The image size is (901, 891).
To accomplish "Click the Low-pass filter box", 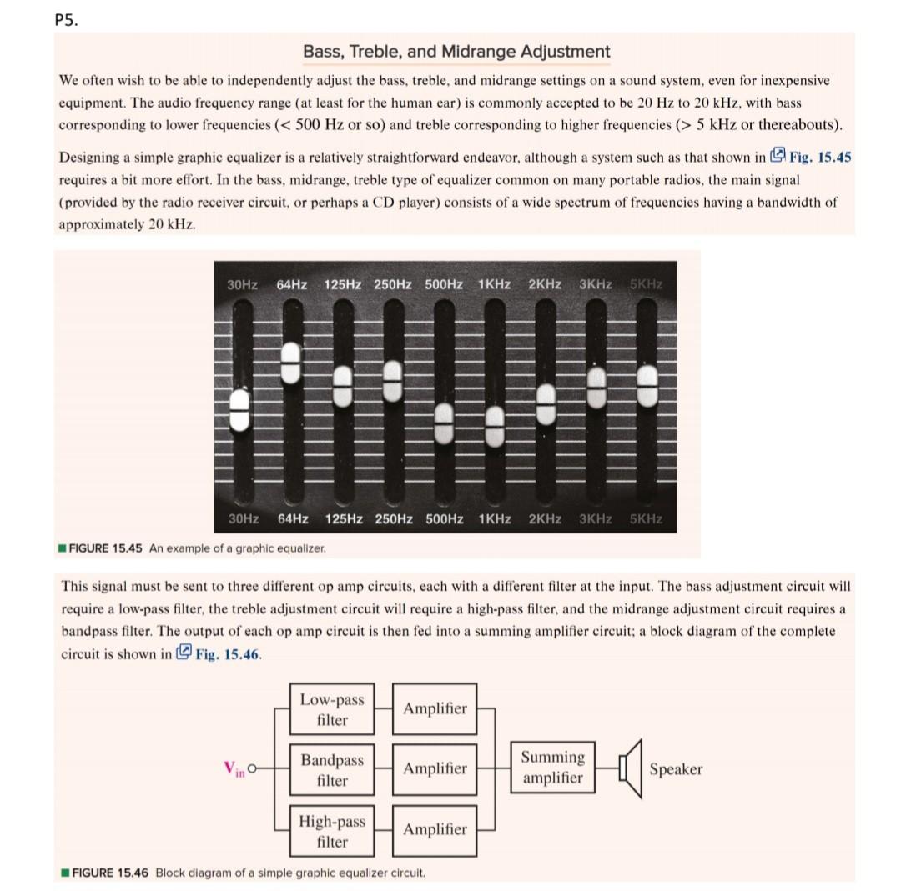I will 332,708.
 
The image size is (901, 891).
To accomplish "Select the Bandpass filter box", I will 332,769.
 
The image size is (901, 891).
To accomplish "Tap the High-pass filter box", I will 332,830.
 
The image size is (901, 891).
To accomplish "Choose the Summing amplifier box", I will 552,767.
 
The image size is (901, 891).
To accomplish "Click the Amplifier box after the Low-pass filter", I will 435,708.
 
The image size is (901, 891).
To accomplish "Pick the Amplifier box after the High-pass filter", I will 435,829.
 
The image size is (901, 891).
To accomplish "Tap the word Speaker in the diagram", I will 676,769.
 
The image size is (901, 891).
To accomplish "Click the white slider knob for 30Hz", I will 239,410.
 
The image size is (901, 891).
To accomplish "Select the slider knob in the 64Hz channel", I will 290,363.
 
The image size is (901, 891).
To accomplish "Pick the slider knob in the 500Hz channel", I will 444,423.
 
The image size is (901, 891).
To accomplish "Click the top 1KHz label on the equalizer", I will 495,284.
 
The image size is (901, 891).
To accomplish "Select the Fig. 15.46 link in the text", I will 219,653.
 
